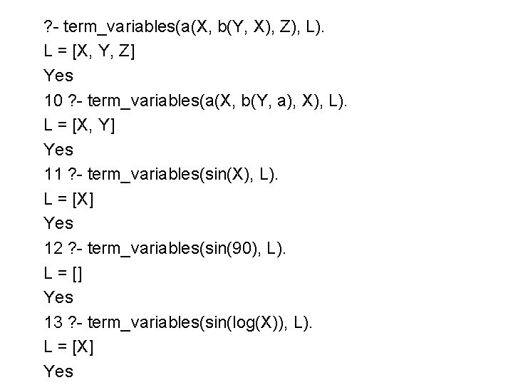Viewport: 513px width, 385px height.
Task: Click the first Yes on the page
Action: [x=58, y=75]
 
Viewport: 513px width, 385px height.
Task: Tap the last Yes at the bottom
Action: [x=58, y=370]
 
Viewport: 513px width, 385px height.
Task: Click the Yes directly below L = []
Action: [x=58, y=296]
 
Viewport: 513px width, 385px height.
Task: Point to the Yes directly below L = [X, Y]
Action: [x=58, y=149]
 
